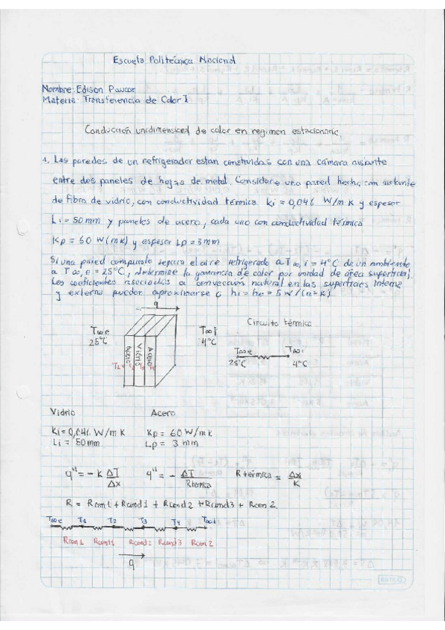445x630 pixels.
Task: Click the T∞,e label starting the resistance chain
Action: tap(54, 519)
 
